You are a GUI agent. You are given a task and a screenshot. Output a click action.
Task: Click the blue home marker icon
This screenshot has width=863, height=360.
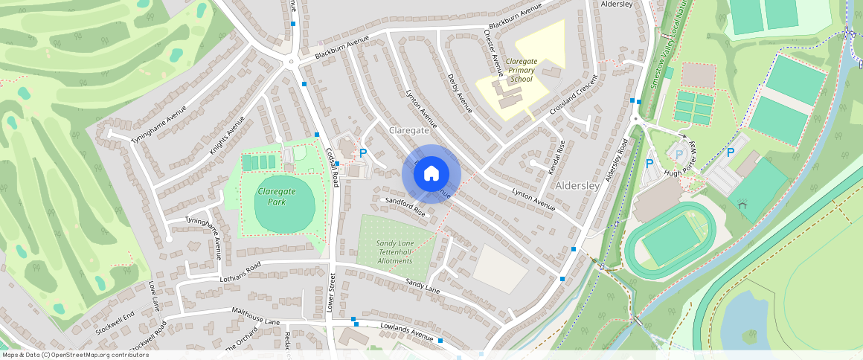[431, 174]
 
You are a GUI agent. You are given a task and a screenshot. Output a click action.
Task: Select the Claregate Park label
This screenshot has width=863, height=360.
[276, 196]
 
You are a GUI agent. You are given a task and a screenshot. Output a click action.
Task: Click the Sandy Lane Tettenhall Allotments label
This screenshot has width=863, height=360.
[394, 252]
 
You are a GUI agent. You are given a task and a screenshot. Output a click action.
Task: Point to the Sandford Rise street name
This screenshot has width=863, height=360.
[405, 206]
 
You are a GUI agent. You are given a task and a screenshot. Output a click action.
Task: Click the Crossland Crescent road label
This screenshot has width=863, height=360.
[574, 95]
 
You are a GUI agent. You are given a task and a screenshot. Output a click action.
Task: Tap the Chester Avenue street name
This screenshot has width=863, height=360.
[493, 53]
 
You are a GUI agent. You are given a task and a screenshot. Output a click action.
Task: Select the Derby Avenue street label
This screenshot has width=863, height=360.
[461, 93]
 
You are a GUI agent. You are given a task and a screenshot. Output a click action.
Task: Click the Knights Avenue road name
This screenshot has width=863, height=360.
[227, 135]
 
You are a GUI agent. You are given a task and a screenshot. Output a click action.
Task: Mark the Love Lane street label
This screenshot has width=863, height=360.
[154, 295]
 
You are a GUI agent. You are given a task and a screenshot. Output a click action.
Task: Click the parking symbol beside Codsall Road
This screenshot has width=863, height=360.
[363, 152]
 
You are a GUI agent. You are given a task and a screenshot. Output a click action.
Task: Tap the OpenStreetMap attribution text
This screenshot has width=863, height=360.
[75, 355]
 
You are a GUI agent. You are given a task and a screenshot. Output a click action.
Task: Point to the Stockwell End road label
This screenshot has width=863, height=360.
[114, 321]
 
